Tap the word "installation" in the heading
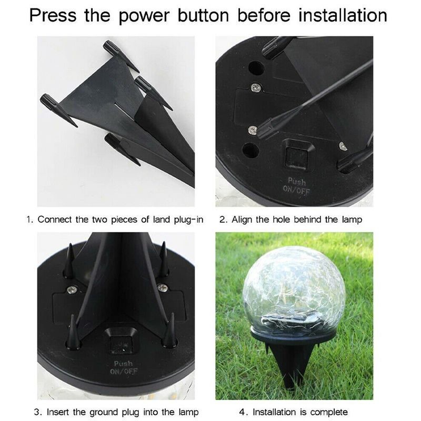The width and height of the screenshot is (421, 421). pyautogui.click(x=343, y=15)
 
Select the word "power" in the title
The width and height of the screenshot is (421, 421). pyautogui.click(x=145, y=15)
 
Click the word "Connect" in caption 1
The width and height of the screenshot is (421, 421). pyautogui.click(x=55, y=219)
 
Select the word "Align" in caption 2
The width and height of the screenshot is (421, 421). pyautogui.click(x=241, y=219)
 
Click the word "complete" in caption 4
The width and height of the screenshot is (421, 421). pyautogui.click(x=329, y=412)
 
